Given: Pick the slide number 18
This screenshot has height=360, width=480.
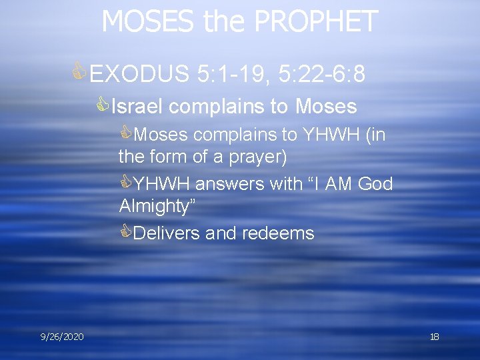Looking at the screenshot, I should tap(434, 337).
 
